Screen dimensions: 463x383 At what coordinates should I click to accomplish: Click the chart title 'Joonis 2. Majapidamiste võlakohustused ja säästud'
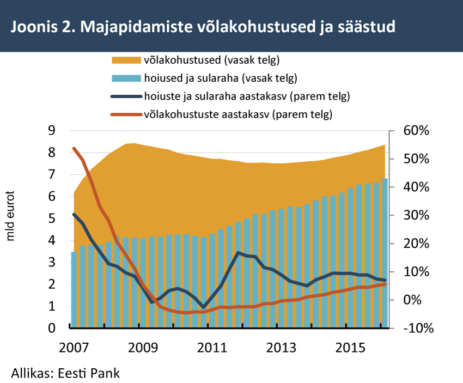203,27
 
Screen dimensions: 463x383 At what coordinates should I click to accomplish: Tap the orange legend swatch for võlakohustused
126,60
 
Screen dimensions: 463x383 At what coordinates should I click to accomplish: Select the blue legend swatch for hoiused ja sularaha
126,78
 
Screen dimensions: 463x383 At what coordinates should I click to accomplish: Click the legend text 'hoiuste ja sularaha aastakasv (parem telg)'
247,96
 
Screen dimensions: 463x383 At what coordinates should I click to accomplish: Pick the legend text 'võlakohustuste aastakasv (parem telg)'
238,114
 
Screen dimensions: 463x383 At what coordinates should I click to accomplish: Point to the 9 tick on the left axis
52,130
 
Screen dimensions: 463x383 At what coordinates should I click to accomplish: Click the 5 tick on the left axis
52,218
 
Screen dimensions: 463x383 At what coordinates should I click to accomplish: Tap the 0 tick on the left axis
52,328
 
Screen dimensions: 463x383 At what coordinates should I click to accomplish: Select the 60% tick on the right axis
416,131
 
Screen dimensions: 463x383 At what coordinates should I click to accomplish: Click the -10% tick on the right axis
418,328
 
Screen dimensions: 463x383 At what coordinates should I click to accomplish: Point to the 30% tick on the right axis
416,215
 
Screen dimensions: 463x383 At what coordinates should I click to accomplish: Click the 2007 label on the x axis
74,348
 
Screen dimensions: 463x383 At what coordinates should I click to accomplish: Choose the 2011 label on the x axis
212,348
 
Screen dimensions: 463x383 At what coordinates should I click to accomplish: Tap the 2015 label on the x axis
350,348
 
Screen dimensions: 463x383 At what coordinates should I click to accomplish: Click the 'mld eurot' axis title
10,216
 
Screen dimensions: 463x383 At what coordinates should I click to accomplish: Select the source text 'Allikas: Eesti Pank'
65,373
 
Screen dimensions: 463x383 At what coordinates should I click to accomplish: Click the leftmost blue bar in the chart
74,290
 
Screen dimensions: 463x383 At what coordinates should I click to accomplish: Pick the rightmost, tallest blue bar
385,253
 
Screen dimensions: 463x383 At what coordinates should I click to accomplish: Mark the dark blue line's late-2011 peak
238,253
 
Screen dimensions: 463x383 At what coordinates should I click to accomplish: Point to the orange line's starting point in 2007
74,148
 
